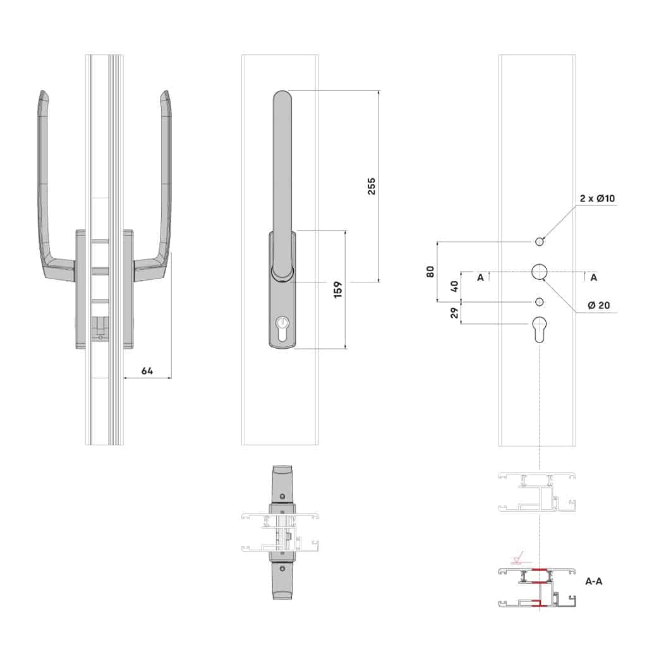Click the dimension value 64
147,370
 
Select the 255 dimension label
372,186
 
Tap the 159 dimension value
337,289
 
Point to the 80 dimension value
430,272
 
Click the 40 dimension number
454,286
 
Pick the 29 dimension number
454,313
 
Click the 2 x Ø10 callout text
597,198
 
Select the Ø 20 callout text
599,305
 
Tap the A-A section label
594,581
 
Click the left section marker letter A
480,278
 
